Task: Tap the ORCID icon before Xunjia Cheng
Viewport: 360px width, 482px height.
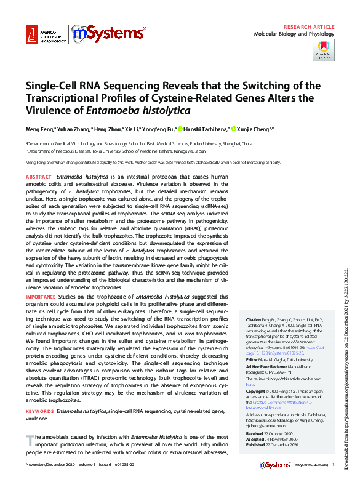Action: (x=234, y=129)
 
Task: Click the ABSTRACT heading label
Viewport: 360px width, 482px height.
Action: (x=39, y=176)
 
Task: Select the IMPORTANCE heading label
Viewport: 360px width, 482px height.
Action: (x=41, y=297)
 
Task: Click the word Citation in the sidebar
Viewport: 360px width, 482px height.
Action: (x=254, y=321)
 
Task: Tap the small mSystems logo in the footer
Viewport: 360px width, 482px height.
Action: (x=276, y=465)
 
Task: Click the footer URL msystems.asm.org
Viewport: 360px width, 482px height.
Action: (x=311, y=465)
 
